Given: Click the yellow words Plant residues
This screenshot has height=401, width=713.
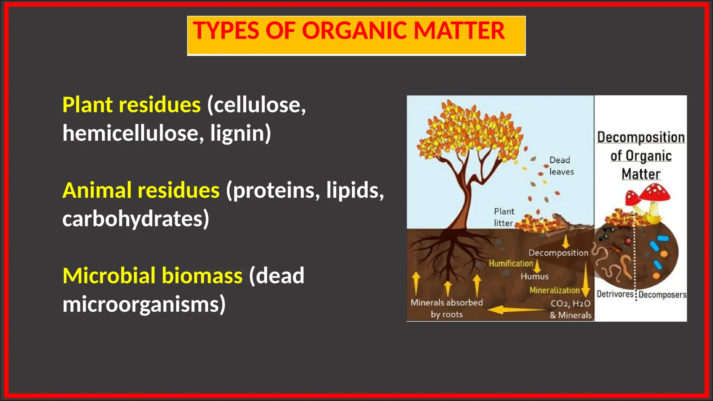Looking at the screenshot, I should coord(131,105).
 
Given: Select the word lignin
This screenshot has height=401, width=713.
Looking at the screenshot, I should coord(240,133).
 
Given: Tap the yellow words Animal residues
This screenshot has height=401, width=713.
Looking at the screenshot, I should coord(141,190).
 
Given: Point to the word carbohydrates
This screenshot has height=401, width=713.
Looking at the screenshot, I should coord(135,219).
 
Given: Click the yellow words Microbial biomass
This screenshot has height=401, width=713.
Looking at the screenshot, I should coord(152,276).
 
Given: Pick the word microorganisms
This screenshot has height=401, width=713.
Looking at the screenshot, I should coord(144,304).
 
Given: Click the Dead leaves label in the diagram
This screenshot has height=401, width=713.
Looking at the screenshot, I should coord(561,166).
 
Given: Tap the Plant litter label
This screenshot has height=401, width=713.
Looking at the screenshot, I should coord(503,217).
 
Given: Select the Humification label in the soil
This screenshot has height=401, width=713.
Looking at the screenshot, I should coord(511,264).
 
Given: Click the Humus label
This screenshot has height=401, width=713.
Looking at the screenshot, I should coord(534,277).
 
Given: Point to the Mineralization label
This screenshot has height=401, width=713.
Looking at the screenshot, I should coord(554,290).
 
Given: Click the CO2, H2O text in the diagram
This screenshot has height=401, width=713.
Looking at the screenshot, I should coord(570,304).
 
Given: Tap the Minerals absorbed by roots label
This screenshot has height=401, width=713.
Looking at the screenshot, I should coord(447,308).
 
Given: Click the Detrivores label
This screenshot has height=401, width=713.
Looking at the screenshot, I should coord(615,294).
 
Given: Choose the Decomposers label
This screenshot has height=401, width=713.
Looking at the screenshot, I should coord(662,295).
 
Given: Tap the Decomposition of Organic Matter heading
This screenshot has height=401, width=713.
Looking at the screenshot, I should coord(641,156).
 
